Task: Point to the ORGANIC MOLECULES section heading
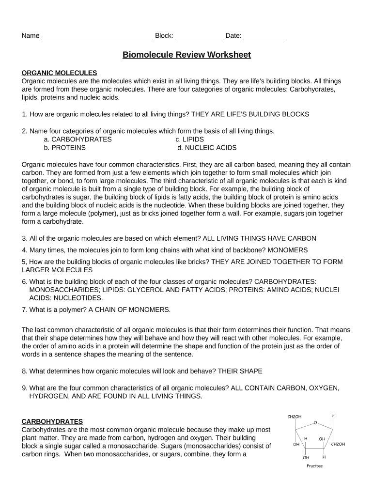pyautogui.click(x=60, y=73)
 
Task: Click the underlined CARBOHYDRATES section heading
pyautogui.click(x=52, y=421)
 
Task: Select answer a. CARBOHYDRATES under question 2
pyautogui.click(x=78, y=139)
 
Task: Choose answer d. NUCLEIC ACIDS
pyautogui.click(x=207, y=148)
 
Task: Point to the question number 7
pyautogui.click(x=24, y=310)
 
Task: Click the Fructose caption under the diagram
pyautogui.click(x=314, y=466)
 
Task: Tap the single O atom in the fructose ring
pyautogui.click(x=315, y=423)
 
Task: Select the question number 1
pyautogui.click(x=24, y=114)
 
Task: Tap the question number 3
pyautogui.click(x=24, y=238)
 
